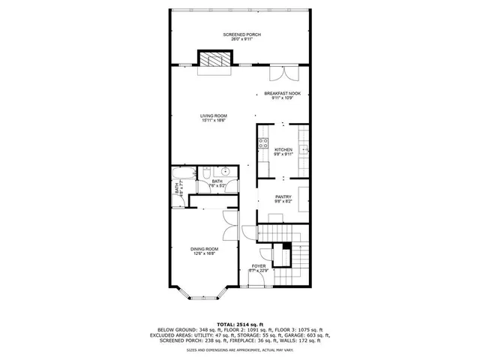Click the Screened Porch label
pos(240,34)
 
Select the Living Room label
pos(214,115)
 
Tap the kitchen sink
pos(304,149)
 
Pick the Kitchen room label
pos(283,150)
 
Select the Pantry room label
pos(283,196)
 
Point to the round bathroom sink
pos(225,172)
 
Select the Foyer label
pos(258,265)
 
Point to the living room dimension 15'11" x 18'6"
pos(214,120)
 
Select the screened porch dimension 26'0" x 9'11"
pos(240,39)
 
